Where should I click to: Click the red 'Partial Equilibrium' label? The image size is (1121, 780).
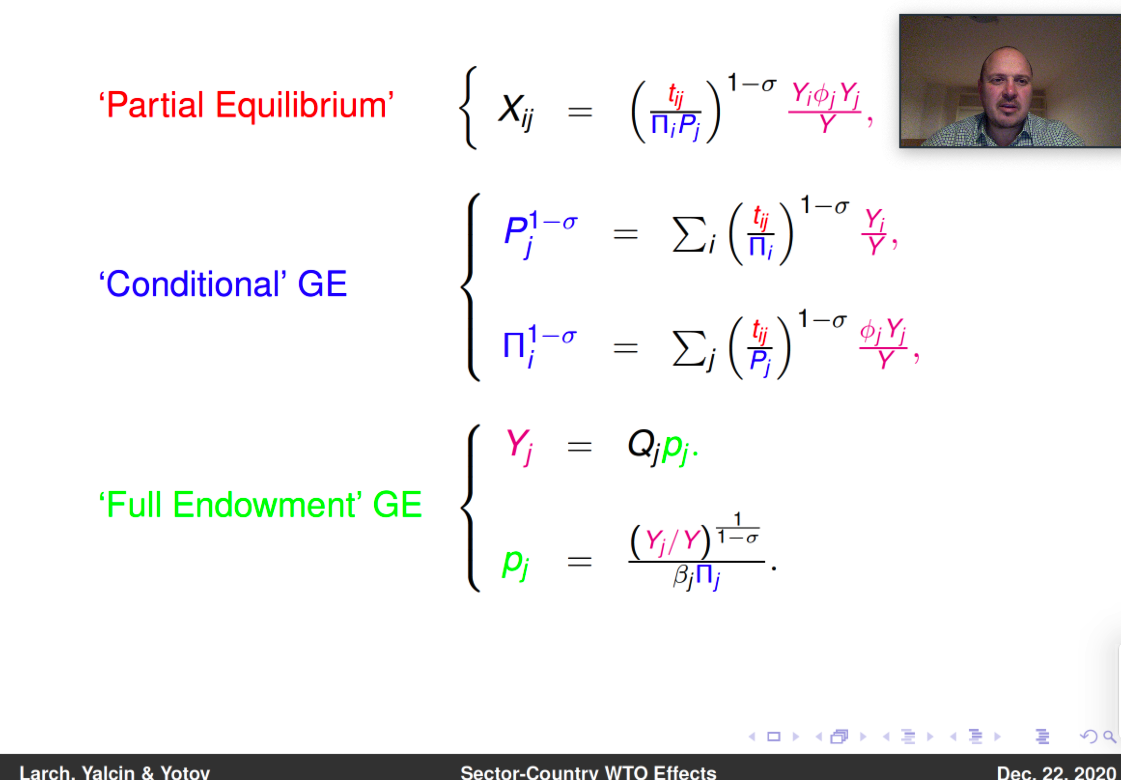[x=246, y=105]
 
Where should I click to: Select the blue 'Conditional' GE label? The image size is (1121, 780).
[x=223, y=284]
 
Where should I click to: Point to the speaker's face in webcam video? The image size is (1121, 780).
[x=1006, y=90]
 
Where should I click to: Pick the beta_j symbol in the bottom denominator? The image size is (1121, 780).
[x=684, y=577]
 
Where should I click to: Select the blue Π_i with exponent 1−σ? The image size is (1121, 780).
[x=540, y=346]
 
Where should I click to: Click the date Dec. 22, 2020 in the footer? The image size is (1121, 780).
[x=1056, y=773]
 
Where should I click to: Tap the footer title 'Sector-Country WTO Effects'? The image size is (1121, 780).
[x=589, y=773]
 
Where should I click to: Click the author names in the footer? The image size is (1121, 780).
[x=115, y=773]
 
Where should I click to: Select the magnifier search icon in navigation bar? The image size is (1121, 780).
[x=1110, y=736]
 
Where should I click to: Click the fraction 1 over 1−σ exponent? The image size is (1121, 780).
[x=738, y=528]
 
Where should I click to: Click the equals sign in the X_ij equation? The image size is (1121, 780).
[x=580, y=112]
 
